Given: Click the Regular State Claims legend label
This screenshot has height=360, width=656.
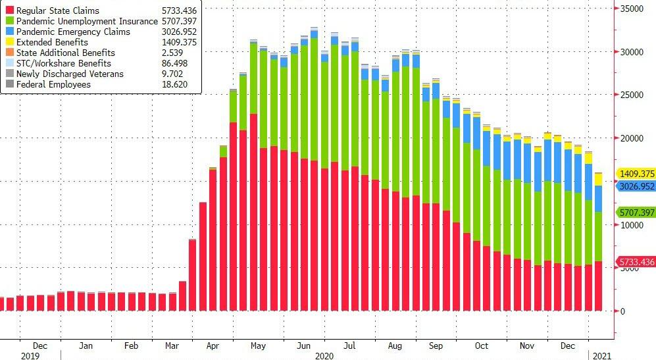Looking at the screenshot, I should click(57, 11).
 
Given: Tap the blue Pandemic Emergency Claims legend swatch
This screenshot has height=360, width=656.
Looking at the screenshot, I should click(10, 32).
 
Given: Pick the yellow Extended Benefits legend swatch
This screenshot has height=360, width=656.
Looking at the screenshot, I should click(10, 43).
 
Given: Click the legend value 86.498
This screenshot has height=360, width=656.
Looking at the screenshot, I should click(174, 64).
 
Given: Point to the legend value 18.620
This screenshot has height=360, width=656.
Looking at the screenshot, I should click(174, 85).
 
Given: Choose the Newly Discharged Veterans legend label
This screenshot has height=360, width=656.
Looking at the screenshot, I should click(70, 74).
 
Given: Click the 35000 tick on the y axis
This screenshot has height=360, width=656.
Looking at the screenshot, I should click(632, 9).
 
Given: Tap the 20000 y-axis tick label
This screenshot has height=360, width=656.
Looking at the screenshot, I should click(632, 138).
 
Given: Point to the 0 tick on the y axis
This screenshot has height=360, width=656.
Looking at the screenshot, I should click(622, 311).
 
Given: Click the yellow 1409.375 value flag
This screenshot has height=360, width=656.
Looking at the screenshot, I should click(635, 174).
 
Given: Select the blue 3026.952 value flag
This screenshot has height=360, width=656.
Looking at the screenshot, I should click(635, 186).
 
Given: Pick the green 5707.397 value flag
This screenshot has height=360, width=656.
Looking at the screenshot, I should click(635, 213).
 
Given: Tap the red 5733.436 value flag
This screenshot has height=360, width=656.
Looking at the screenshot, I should click(635, 262).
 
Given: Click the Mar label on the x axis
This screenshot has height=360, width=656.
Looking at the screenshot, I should click(173, 346).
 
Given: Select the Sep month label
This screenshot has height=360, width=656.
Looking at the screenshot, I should click(436, 346).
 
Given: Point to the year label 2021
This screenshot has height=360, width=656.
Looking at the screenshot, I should click(601, 355).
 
